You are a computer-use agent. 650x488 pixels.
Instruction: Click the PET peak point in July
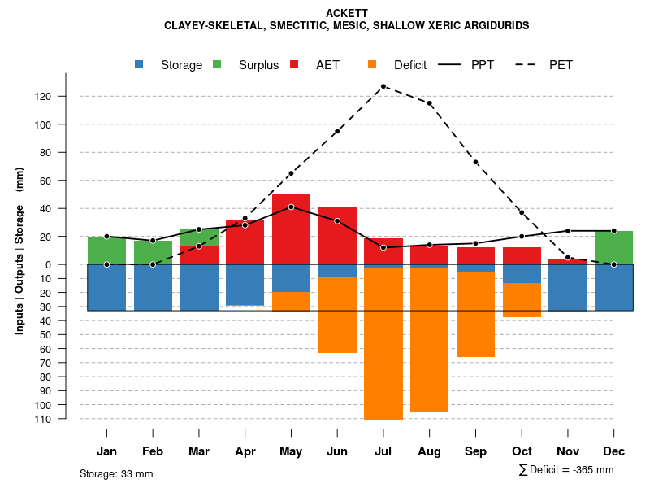pyautogui.click(x=383, y=86)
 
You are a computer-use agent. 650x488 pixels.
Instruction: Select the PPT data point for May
pyautogui.click(x=291, y=207)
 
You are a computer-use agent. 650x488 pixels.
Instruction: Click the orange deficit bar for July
pyautogui.click(x=383, y=343)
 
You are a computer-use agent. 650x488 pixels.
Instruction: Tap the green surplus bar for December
pyautogui.click(x=613, y=247)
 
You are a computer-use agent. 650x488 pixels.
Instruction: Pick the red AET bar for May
pyautogui.click(x=291, y=229)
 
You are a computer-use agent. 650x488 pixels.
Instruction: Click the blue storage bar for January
pyautogui.click(x=106, y=287)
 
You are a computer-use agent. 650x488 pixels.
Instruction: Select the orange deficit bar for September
pyautogui.click(x=475, y=315)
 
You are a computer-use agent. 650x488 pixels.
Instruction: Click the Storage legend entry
pyautogui.click(x=171, y=65)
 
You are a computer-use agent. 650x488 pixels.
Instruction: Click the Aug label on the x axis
pyautogui.click(x=429, y=451)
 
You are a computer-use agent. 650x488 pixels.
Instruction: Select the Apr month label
pyautogui.click(x=245, y=451)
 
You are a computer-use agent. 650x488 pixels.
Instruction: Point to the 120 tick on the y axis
pyautogui.click(x=66, y=97)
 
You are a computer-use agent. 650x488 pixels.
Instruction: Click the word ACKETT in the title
pyautogui.click(x=346, y=13)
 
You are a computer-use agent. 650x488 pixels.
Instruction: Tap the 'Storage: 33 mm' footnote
pyautogui.click(x=116, y=473)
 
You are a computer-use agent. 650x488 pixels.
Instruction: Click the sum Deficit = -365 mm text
pyautogui.click(x=566, y=470)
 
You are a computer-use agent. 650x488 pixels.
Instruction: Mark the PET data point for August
pyautogui.click(x=429, y=103)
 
